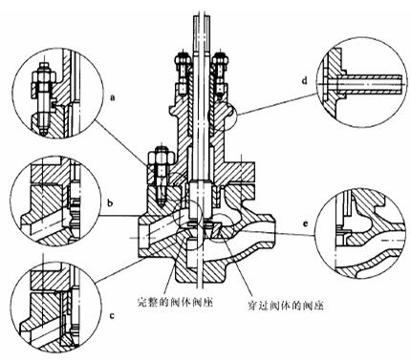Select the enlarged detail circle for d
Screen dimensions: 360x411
pos(360,79)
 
